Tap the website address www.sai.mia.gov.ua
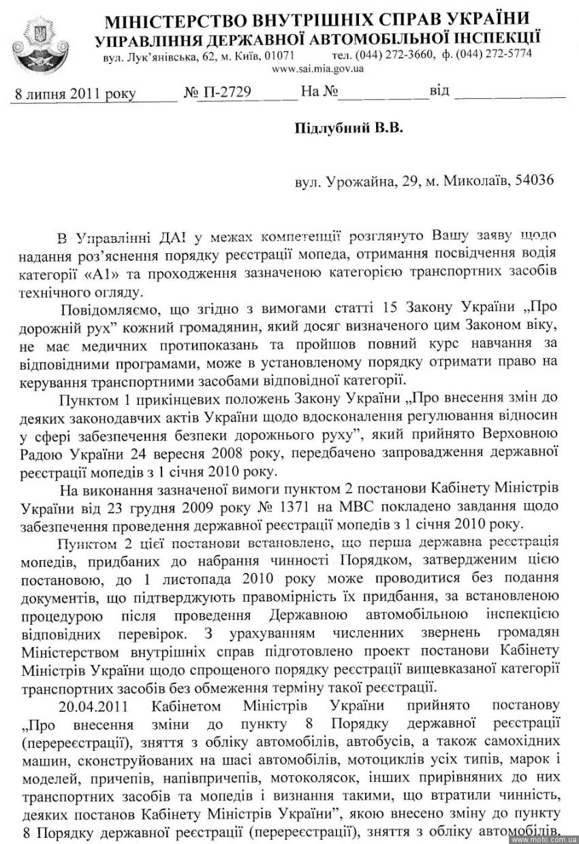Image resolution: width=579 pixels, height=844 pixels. coord(317,68)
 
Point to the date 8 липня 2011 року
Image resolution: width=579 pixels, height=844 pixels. coord(75,93)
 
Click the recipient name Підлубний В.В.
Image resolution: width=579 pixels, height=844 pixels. coord(349,129)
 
